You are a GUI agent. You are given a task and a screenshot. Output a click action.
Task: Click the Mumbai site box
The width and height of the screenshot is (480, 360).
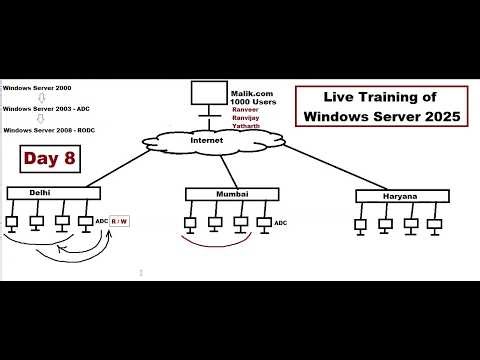[229, 192]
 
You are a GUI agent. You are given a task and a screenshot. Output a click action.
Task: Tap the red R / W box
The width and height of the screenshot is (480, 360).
[120, 220]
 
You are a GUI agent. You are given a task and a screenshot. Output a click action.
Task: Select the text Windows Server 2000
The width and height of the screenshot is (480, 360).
[36, 88]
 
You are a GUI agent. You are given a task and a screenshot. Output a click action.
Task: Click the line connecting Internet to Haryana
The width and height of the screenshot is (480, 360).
[320, 166]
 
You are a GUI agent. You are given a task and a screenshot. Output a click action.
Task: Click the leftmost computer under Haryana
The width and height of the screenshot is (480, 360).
[360, 225]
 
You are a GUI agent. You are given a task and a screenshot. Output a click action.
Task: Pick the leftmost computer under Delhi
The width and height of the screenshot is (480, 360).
[13, 223]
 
